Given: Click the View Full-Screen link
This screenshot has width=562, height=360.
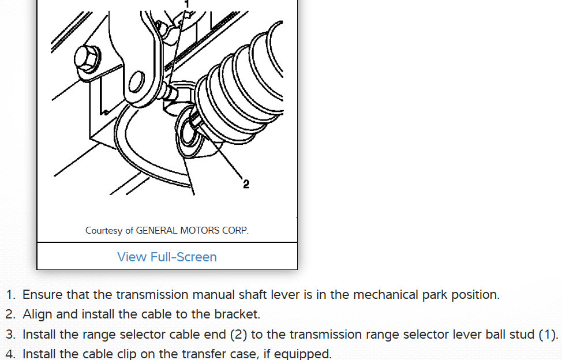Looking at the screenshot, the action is click(x=167, y=257).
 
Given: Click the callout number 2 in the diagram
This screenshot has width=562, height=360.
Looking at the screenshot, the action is click(x=246, y=184).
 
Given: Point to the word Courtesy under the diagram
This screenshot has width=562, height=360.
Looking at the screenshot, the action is click(x=104, y=230).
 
